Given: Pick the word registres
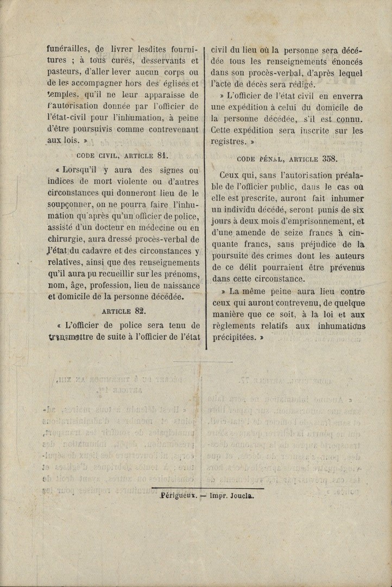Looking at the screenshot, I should click(x=228, y=142).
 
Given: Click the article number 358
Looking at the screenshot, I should click(x=330, y=159).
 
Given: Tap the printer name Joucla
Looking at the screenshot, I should click(x=243, y=496).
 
